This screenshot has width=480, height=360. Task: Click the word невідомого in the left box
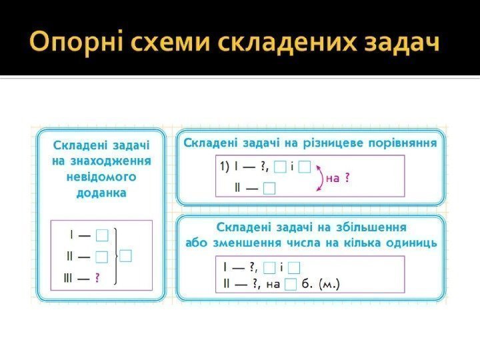pyautogui.click(x=101, y=177)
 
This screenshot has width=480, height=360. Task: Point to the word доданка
pyautogui.click(x=101, y=192)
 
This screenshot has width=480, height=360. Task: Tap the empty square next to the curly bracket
pyautogui.click(x=127, y=255)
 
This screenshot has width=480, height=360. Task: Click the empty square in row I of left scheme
pyautogui.click(x=102, y=235)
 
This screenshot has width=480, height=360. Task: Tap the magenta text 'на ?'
pyautogui.click(x=338, y=178)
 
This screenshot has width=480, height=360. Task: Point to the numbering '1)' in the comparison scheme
pyautogui.click(x=225, y=167)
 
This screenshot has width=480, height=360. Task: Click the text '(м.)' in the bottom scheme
pyautogui.click(x=329, y=285)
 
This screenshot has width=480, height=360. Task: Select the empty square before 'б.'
pyautogui.click(x=290, y=285)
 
